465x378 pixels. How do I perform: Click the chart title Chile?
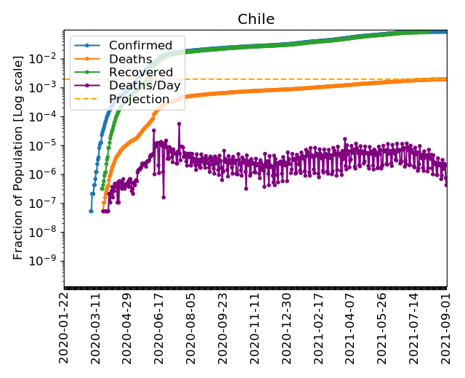pos(256,19)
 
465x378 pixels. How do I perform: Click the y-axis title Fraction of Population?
pos(19,157)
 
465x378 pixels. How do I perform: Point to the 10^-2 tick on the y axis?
pos(46,57)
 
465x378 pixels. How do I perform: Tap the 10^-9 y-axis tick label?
pos(46,261)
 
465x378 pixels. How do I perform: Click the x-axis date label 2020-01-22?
pos(64,328)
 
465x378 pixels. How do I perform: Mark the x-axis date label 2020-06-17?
pos(159,328)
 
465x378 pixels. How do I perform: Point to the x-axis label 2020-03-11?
pos(95,328)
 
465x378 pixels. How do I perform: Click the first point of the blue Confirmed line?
pos(91,211)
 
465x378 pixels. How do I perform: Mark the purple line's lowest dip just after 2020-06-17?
pos(163,196)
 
